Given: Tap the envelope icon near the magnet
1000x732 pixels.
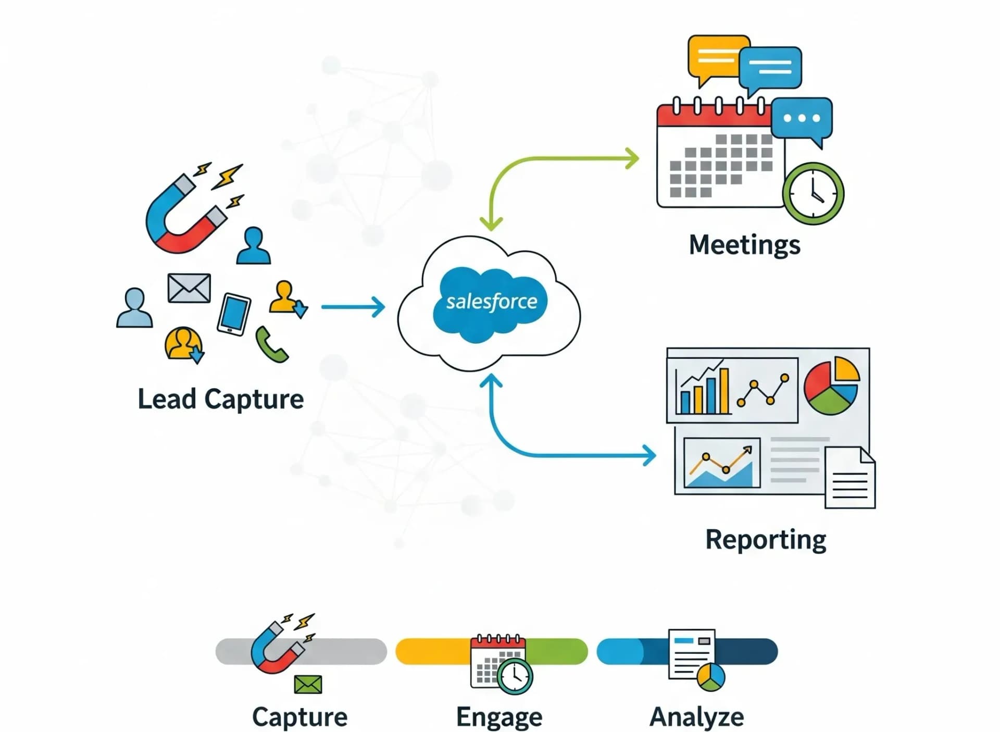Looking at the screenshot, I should pyautogui.click(x=189, y=288).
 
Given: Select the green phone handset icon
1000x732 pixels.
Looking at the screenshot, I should pyautogui.click(x=271, y=345).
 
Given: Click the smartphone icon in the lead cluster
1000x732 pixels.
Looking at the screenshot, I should pyautogui.click(x=234, y=314).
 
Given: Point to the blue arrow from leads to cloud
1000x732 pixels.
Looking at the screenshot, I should pyautogui.click(x=353, y=307).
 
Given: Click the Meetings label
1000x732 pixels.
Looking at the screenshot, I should pyautogui.click(x=744, y=245).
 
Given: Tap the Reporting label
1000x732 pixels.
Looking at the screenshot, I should pyautogui.click(x=765, y=540).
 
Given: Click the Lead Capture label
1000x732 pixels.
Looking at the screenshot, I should pyautogui.click(x=220, y=400).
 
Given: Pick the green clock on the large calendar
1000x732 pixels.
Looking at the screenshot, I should pyautogui.click(x=813, y=194).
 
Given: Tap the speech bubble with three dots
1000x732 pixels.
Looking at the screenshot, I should pyautogui.click(x=802, y=119).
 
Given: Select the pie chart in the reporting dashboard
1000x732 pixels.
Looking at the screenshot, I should pyautogui.click(x=831, y=386).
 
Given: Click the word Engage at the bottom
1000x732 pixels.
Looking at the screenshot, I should pyautogui.click(x=499, y=717).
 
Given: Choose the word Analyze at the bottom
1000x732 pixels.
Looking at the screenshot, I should pyautogui.click(x=696, y=717).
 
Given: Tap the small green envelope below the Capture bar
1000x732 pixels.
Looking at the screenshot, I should pyautogui.click(x=308, y=685).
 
